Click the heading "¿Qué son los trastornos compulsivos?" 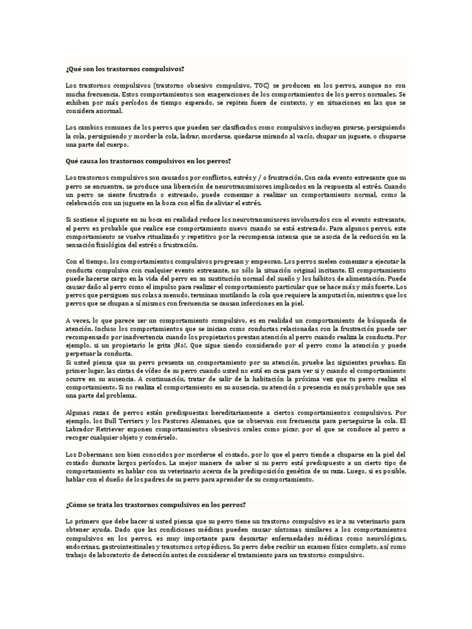(125, 69)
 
